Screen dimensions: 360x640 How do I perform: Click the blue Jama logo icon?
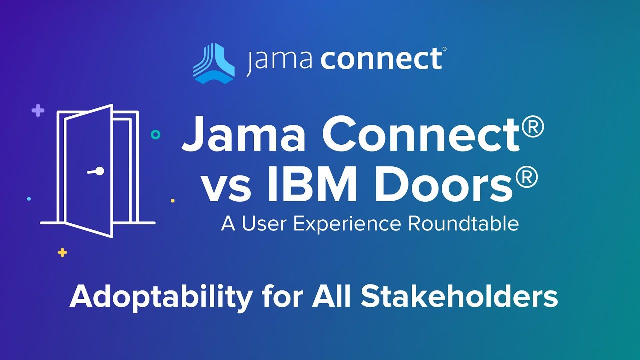(213, 63)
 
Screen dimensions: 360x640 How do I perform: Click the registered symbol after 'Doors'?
(526, 176)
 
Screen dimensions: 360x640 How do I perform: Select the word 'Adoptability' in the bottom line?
(161, 297)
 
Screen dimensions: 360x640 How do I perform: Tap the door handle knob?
(100, 171)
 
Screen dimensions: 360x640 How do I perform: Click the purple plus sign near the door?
(38, 111)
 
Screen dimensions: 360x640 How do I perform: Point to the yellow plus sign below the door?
(62, 252)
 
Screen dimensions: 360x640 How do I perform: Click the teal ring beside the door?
(156, 134)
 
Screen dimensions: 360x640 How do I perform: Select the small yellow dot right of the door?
(173, 201)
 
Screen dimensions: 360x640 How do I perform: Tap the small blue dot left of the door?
(29, 199)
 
